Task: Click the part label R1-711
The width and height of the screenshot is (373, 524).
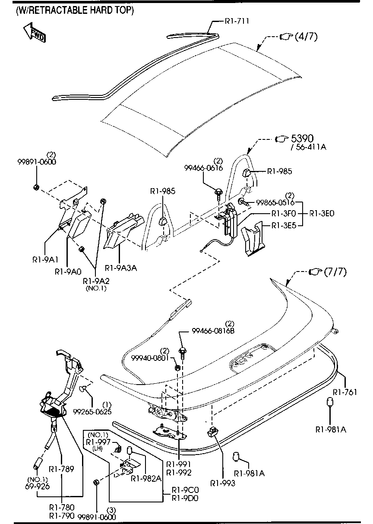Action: coord(237,20)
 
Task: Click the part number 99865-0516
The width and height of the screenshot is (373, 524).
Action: coord(275,202)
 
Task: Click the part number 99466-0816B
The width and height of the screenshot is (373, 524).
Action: coord(213,331)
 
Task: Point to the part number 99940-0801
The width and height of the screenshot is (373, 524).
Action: coord(149,357)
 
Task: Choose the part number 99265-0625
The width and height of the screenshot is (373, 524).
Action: coord(92,412)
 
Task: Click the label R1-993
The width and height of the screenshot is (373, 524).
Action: coord(223,483)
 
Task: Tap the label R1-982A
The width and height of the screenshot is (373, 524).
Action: coord(146,478)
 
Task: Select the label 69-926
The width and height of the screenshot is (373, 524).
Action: coord(38,486)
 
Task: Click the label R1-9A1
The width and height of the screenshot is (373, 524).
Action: coord(45,260)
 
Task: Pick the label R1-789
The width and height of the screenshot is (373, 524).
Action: coord(62,469)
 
